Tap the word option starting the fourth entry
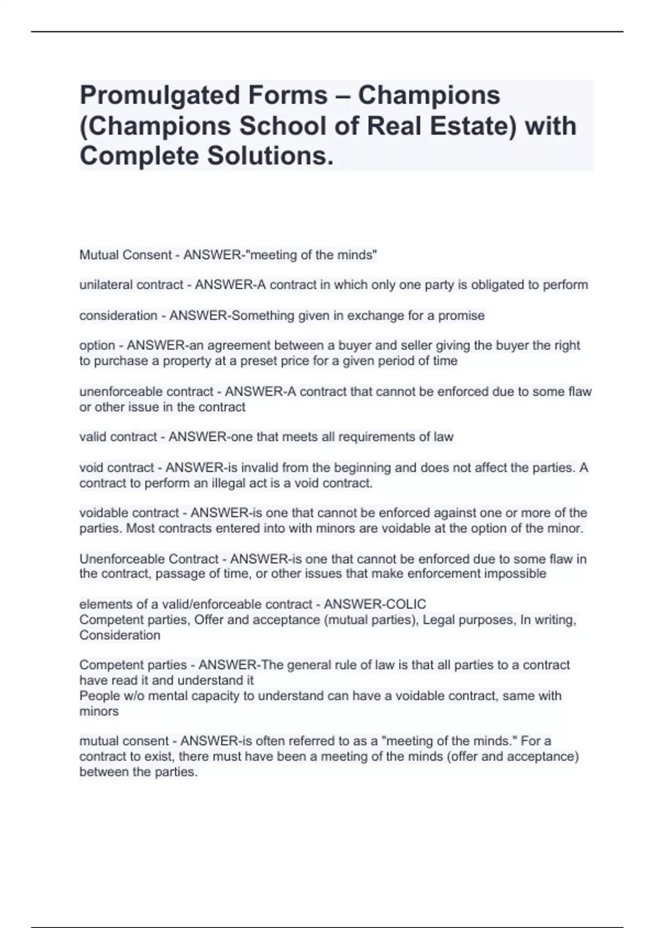(x=97, y=346)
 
